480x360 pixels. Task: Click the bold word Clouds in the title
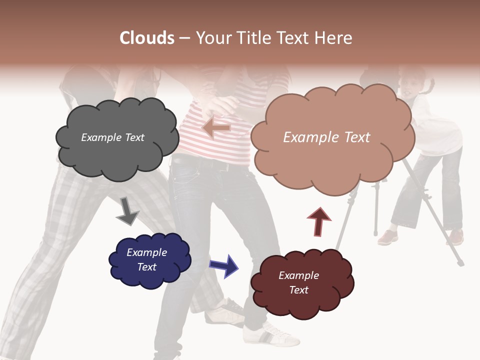click(147, 38)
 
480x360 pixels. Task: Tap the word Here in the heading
click(333, 38)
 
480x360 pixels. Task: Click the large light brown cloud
click(332, 160)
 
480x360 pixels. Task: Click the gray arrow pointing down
click(127, 210)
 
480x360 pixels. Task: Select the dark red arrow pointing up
click(319, 221)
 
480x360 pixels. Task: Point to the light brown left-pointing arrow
click(216, 128)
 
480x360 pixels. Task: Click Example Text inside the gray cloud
click(112, 137)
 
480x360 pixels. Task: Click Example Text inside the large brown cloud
click(326, 137)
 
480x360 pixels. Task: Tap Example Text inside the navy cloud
click(147, 259)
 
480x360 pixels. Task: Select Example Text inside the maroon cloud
click(298, 282)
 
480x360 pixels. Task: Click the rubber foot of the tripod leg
click(460, 262)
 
